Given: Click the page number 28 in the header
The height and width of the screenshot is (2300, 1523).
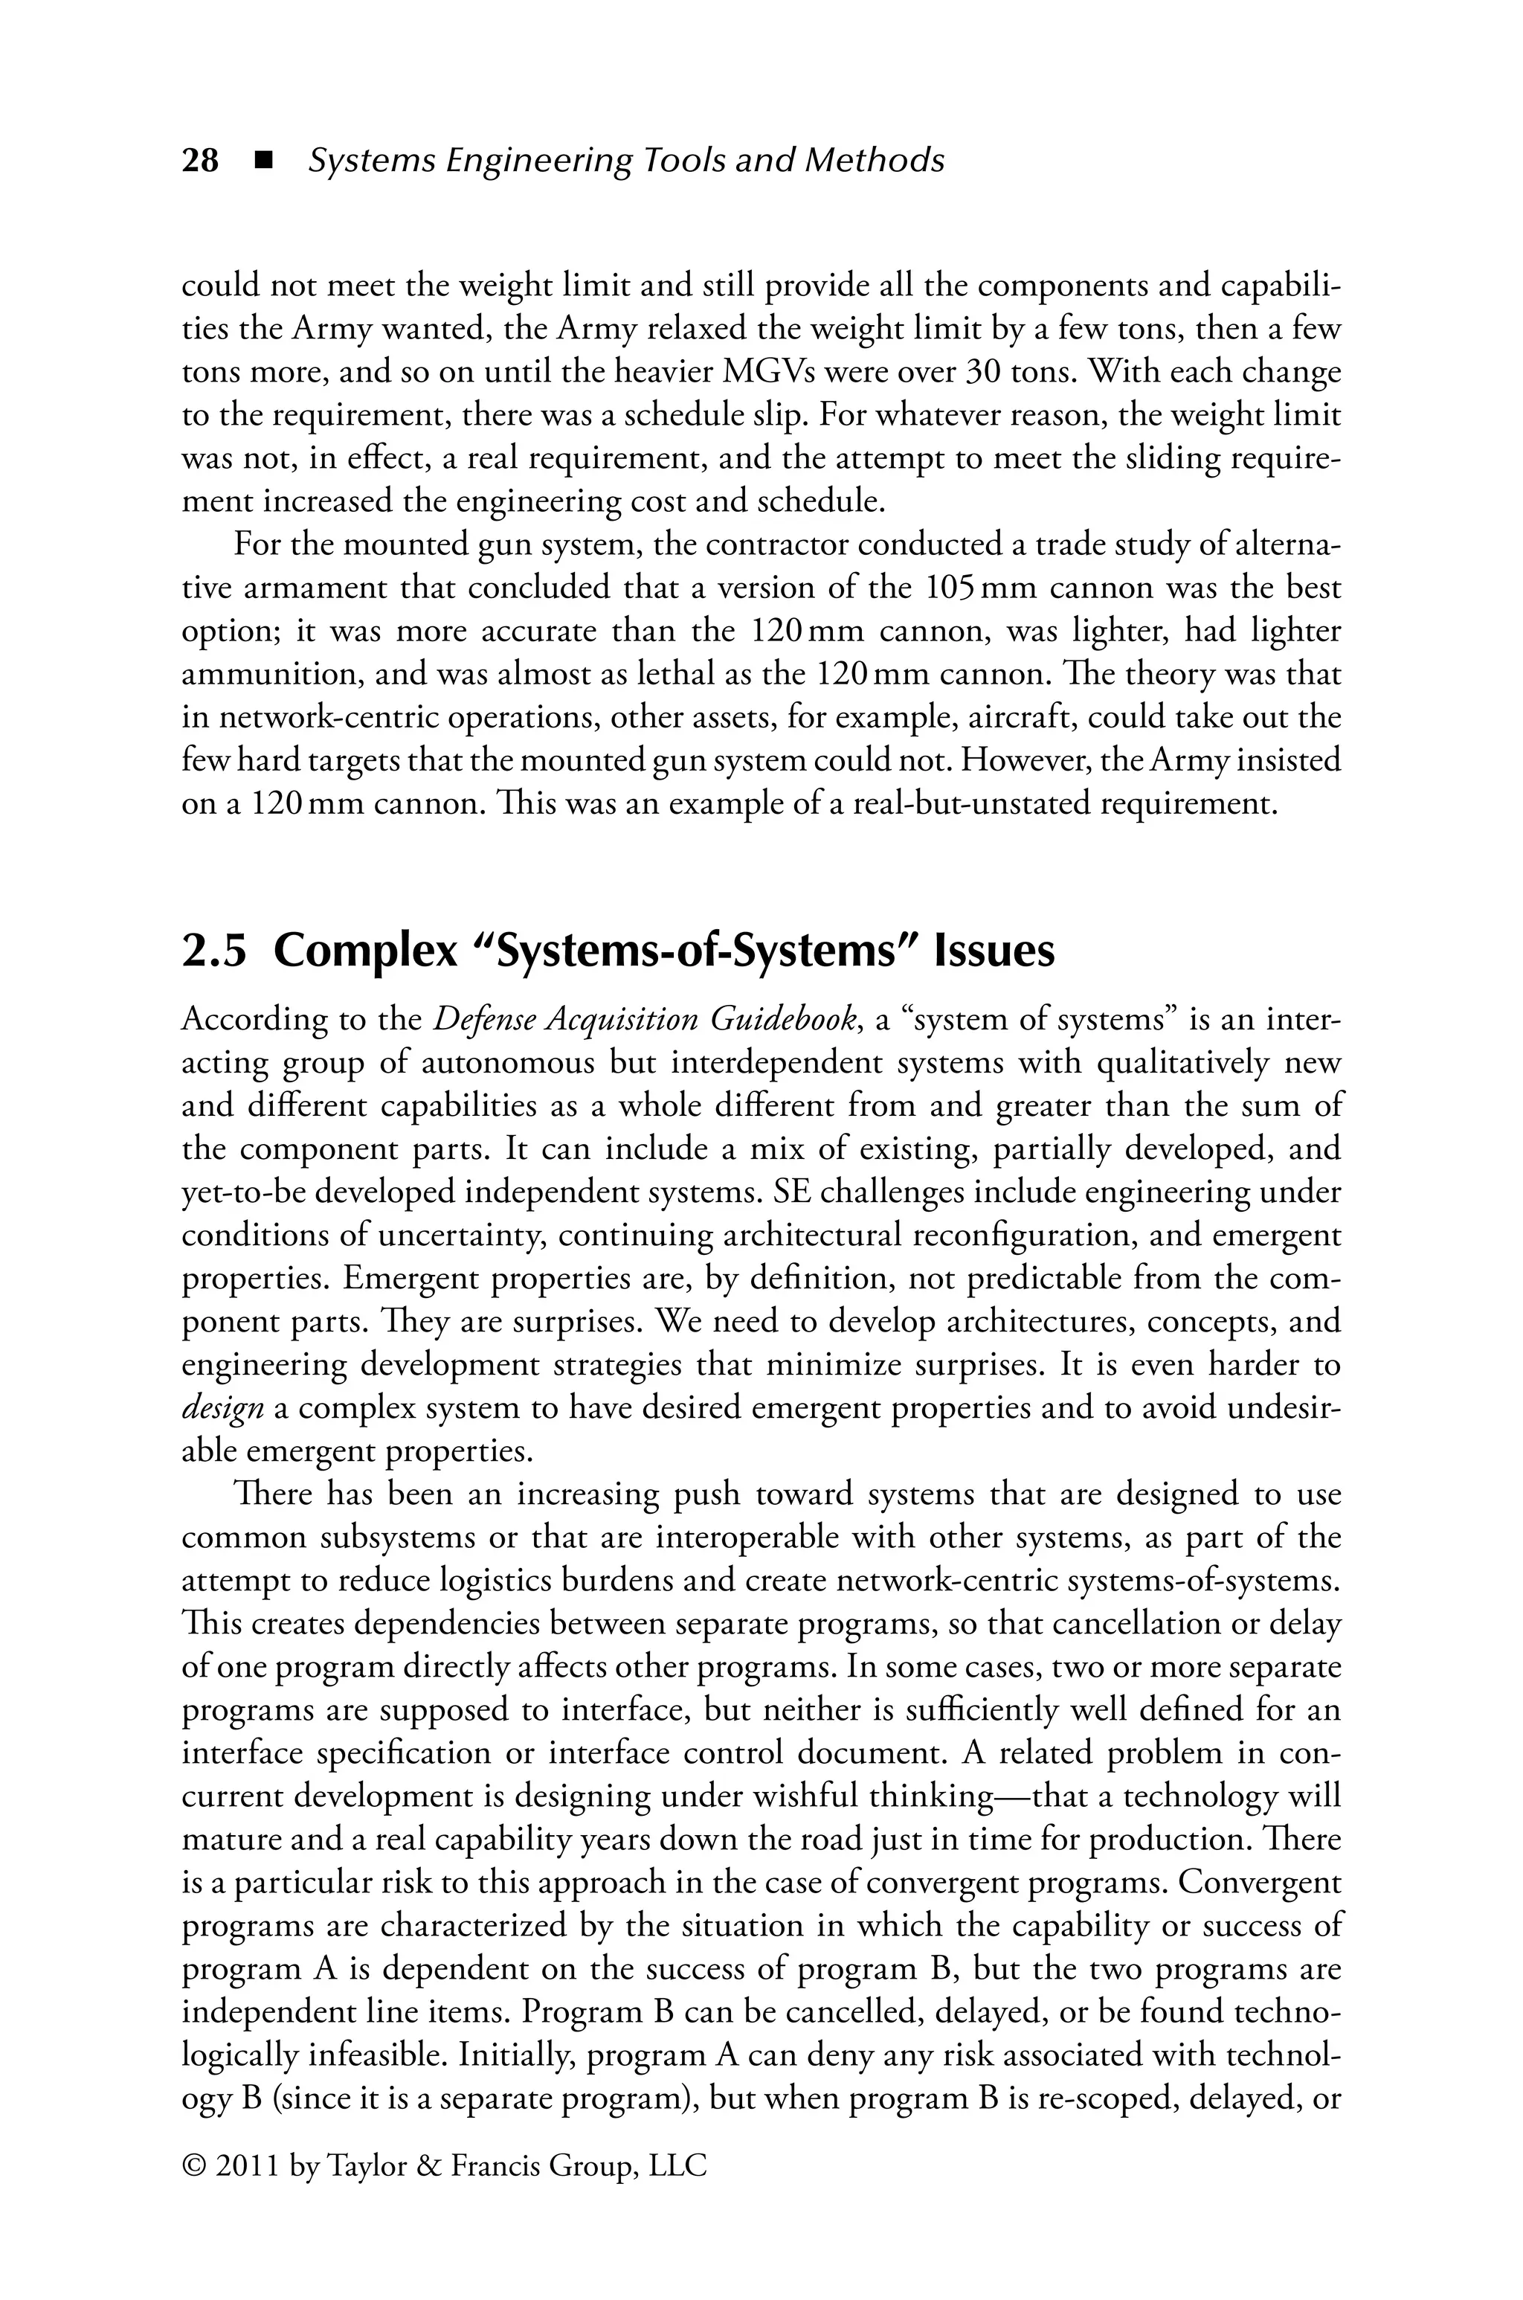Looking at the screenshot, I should tap(200, 160).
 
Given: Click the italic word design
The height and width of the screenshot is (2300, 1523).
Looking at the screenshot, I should tap(222, 1408).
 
